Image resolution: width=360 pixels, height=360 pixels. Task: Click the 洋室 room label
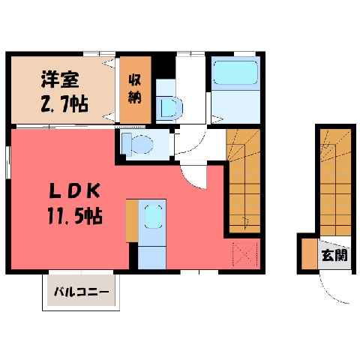60,79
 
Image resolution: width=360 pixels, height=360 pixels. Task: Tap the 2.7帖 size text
64,103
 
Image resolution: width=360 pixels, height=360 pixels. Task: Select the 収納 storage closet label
135,89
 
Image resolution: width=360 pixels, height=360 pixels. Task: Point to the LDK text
75,190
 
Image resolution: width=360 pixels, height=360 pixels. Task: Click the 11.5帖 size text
75,216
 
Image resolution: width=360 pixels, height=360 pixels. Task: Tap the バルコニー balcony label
82,292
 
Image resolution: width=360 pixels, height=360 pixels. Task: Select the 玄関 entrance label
335,255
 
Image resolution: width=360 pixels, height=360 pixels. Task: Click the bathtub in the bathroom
235,72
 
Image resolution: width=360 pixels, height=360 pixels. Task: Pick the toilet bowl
142,145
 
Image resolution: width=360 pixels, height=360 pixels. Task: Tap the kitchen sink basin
153,217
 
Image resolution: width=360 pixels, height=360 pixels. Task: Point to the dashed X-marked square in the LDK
245,255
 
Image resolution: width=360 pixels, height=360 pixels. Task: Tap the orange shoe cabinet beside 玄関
309,254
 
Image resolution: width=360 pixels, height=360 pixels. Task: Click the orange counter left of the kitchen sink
132,220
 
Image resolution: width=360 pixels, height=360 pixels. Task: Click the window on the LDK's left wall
8,162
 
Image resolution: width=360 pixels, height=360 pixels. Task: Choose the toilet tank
126,143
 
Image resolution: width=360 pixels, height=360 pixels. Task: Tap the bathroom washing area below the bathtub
235,106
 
